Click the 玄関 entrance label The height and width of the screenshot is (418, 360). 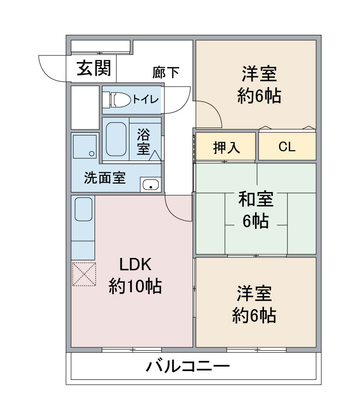[x=94, y=69]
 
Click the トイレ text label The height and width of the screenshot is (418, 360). [x=145, y=100]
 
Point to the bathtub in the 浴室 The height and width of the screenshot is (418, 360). [x=116, y=139]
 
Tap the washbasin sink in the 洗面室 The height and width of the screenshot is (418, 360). [x=151, y=185]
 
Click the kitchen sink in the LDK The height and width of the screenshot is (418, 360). [x=83, y=209]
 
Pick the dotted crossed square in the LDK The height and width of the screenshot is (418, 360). [x=83, y=274]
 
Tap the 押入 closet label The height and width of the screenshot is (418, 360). [x=226, y=147]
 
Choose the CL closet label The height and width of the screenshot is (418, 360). [x=287, y=147]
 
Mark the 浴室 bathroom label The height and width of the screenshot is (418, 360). [x=144, y=142]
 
